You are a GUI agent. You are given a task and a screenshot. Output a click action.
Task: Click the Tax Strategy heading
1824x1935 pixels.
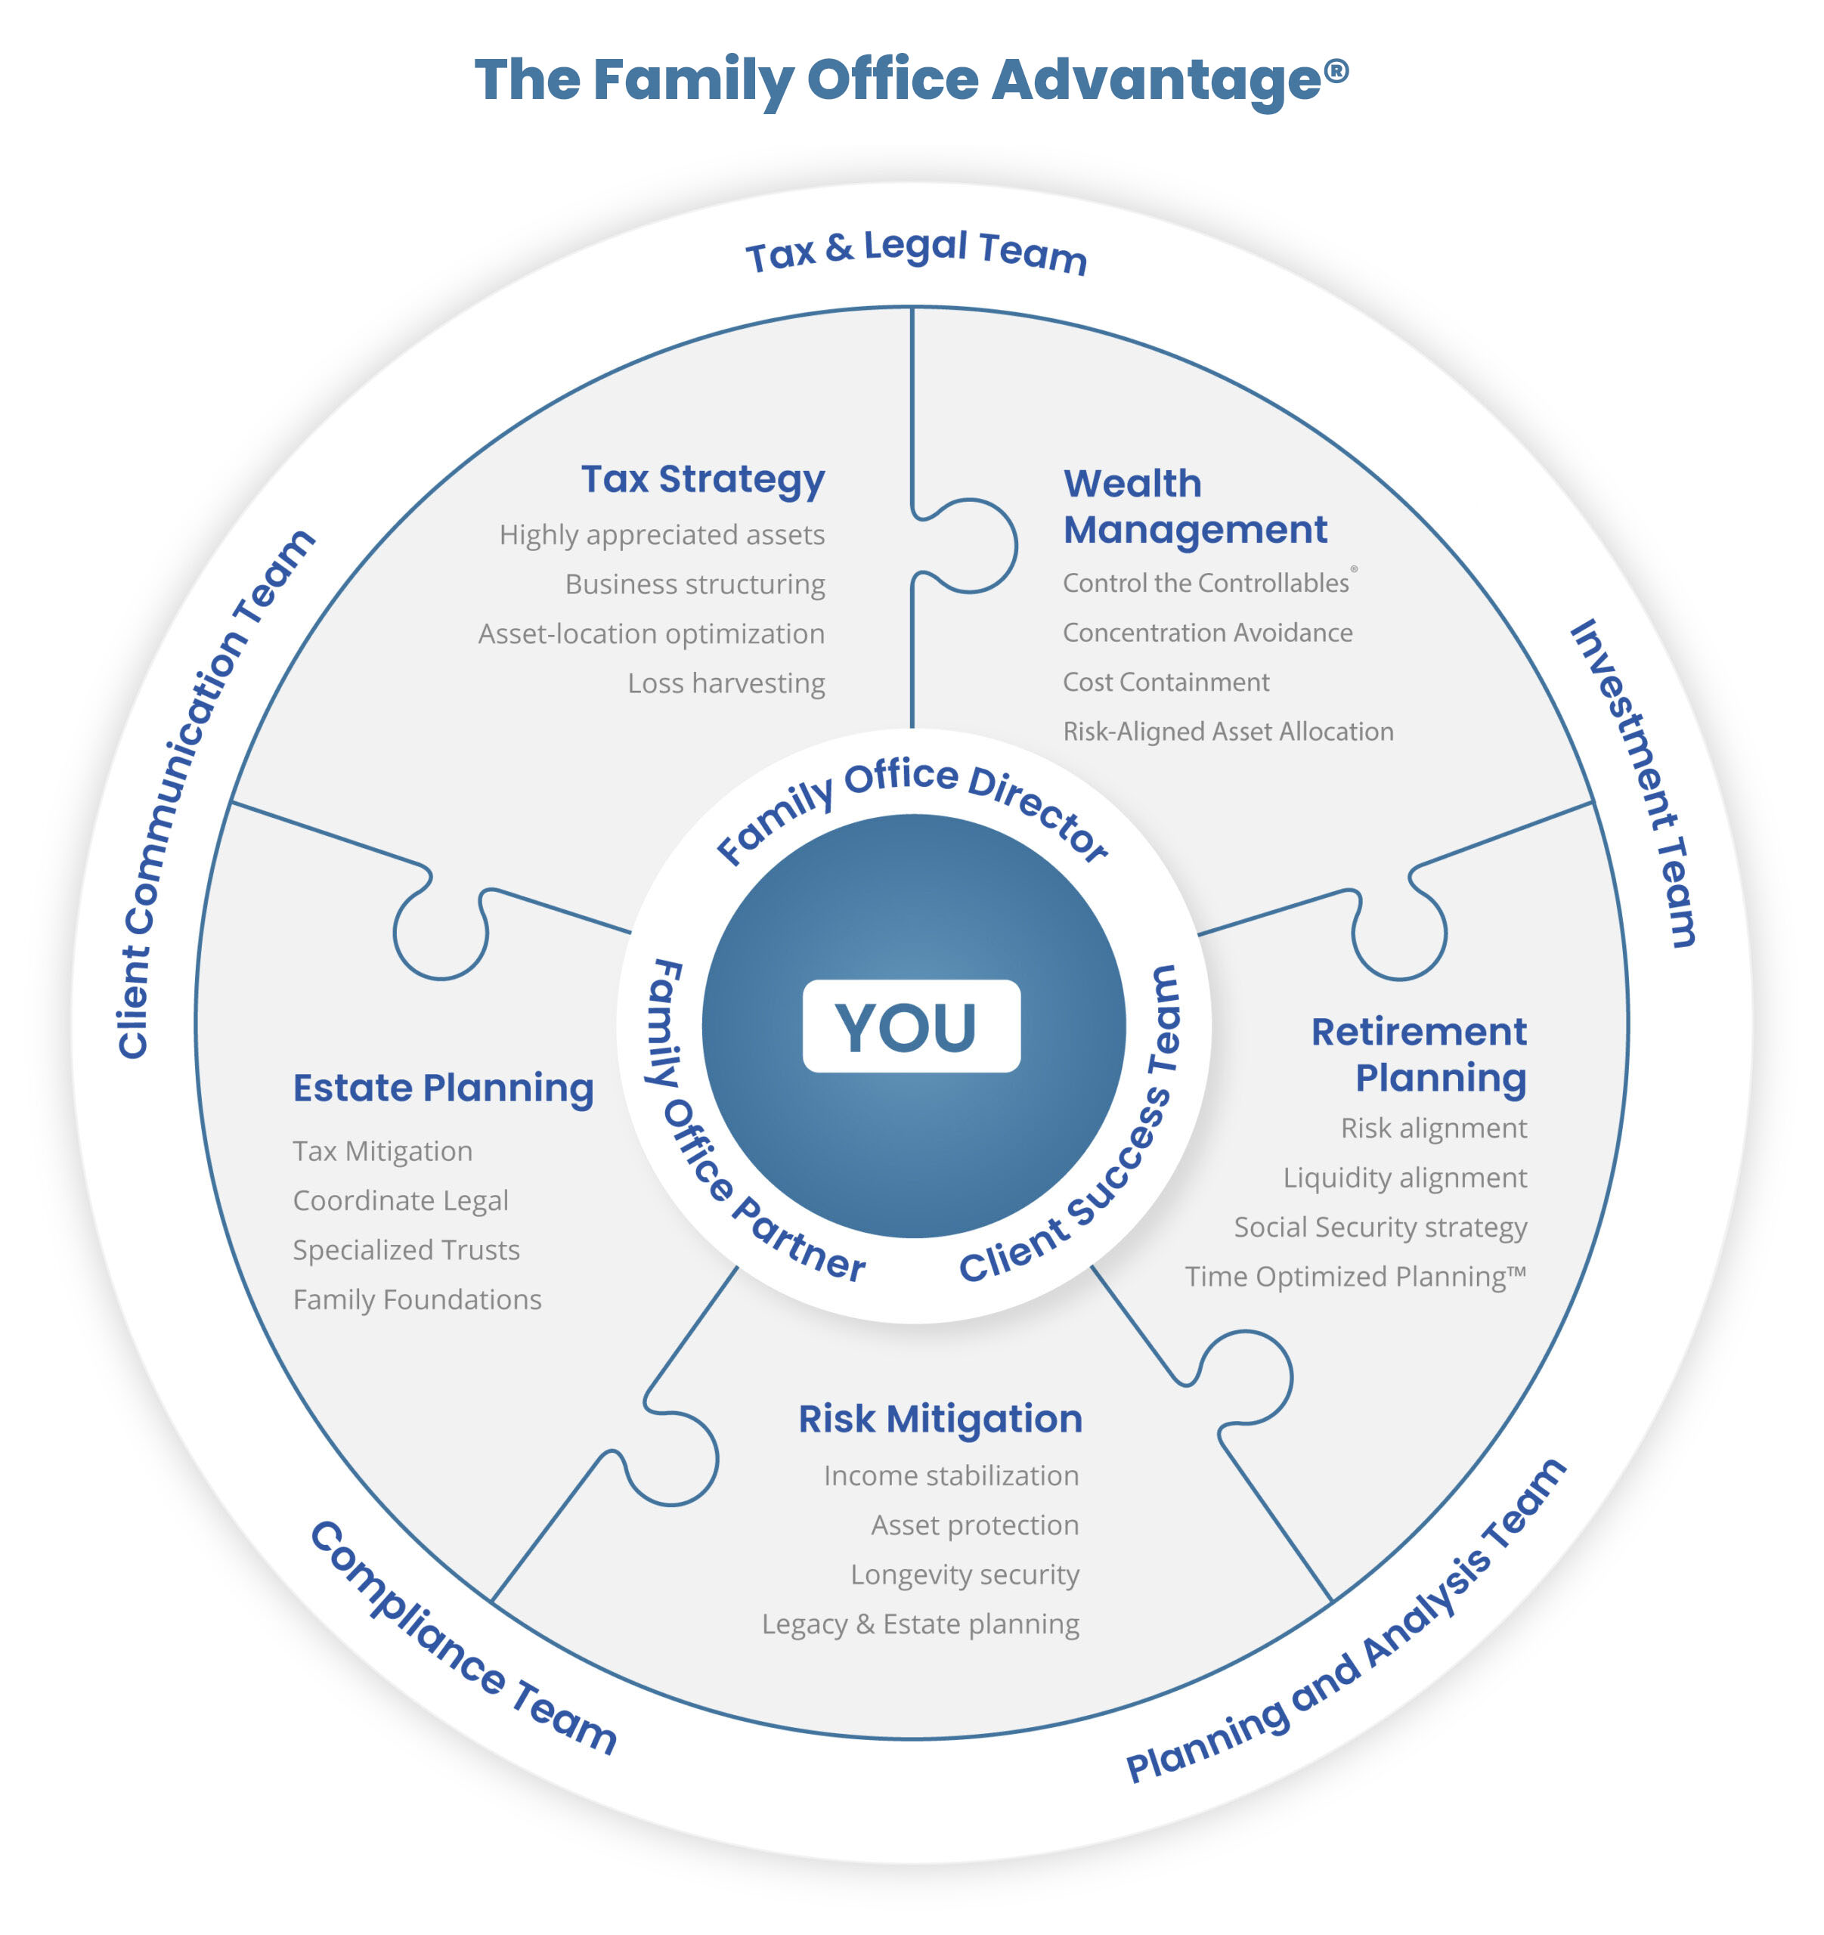703,479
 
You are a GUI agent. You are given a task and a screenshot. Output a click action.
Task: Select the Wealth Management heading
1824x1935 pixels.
1194,506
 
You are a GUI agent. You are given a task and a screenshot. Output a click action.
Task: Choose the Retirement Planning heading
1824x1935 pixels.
1419,1054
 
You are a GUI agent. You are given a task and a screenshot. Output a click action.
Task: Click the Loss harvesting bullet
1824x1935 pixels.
726,683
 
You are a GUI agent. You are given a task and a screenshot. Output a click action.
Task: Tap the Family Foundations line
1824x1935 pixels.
417,1299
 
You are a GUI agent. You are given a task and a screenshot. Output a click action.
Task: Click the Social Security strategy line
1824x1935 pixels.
1380,1227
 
